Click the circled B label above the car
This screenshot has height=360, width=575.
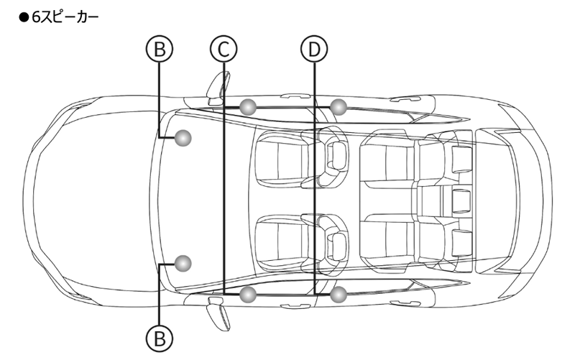point(160,49)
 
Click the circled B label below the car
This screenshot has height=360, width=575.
point(160,336)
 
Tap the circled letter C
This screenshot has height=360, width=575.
point(224,49)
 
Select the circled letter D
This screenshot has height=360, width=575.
point(313,49)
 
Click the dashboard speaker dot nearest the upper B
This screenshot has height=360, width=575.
point(184,137)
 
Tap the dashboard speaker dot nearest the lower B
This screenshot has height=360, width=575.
point(184,263)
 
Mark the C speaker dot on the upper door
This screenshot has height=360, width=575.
point(248,107)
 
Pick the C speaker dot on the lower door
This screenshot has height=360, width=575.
point(248,293)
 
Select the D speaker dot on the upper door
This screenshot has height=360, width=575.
point(339,107)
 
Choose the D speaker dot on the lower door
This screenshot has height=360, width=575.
point(339,293)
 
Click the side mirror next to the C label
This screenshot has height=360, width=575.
point(216,87)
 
